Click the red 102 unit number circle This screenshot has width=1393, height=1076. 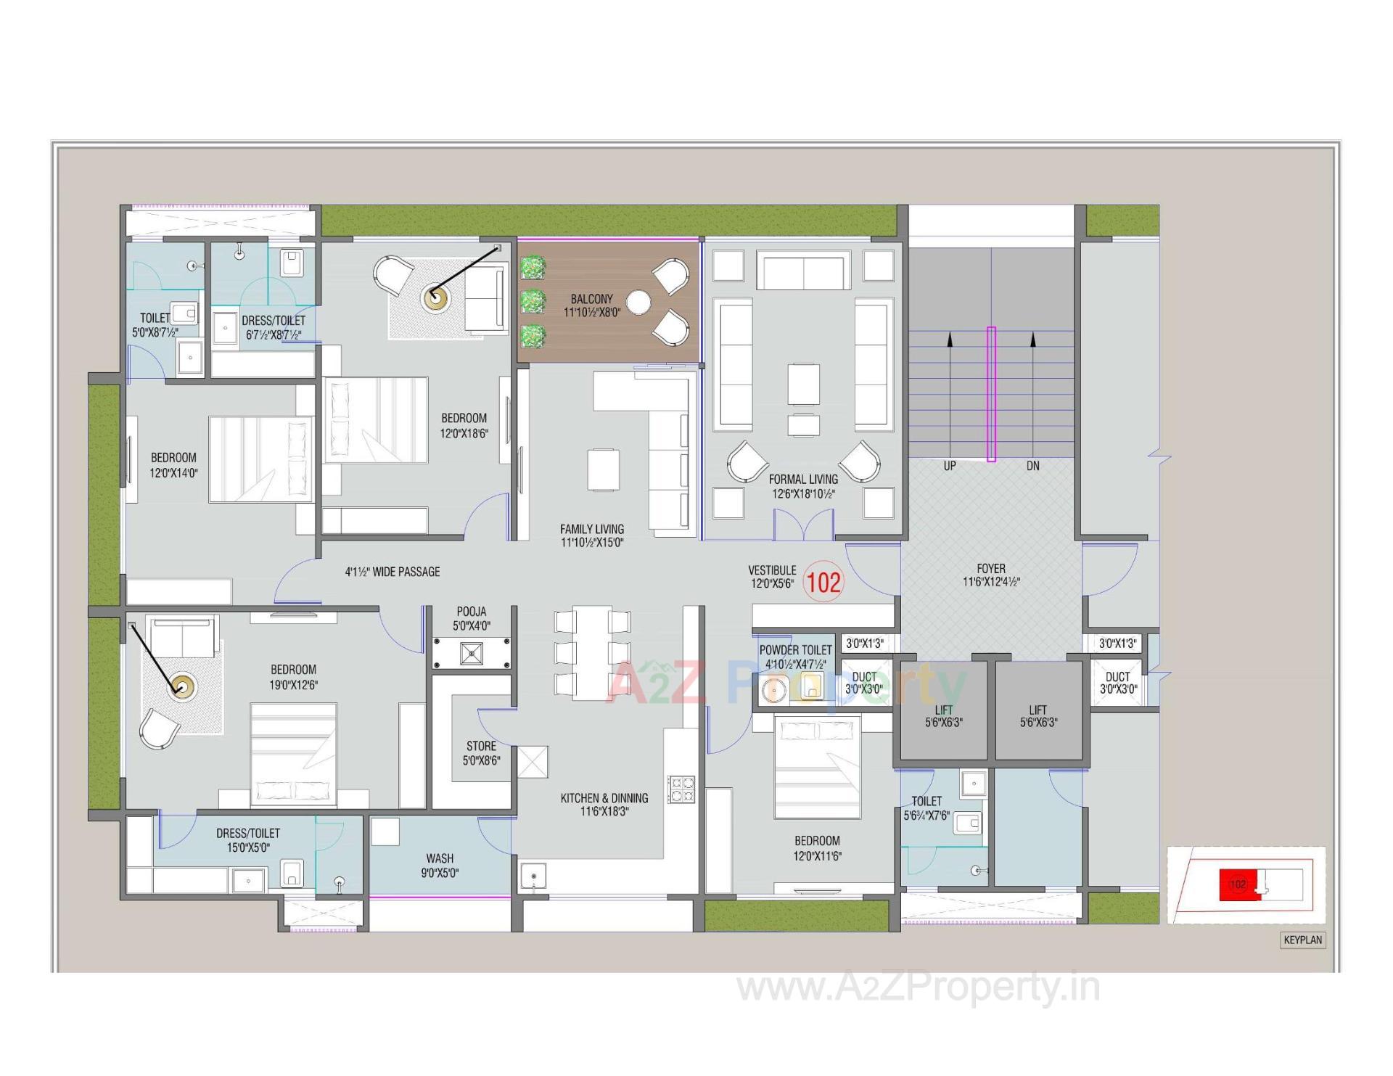(823, 583)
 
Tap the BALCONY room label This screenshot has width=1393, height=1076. (591, 299)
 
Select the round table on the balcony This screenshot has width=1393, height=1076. (638, 303)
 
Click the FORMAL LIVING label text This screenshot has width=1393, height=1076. (803, 480)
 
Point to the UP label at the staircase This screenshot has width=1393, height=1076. (949, 466)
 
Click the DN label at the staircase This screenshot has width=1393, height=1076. (1032, 466)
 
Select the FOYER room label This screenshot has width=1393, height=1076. (991, 569)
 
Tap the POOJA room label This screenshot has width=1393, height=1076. (472, 612)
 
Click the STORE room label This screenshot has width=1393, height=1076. (481, 746)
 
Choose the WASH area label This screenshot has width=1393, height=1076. (440, 858)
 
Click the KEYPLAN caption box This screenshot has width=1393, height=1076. (1303, 940)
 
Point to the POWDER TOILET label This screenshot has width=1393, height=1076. (795, 650)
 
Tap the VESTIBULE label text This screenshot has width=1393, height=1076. (772, 570)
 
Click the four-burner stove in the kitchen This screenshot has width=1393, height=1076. (681, 789)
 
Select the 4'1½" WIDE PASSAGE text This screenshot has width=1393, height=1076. (393, 572)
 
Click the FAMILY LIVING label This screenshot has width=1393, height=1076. (591, 529)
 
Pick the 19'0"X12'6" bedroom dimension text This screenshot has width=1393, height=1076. (294, 684)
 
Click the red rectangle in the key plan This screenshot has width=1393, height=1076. (1238, 884)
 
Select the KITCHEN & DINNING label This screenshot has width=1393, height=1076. (604, 798)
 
